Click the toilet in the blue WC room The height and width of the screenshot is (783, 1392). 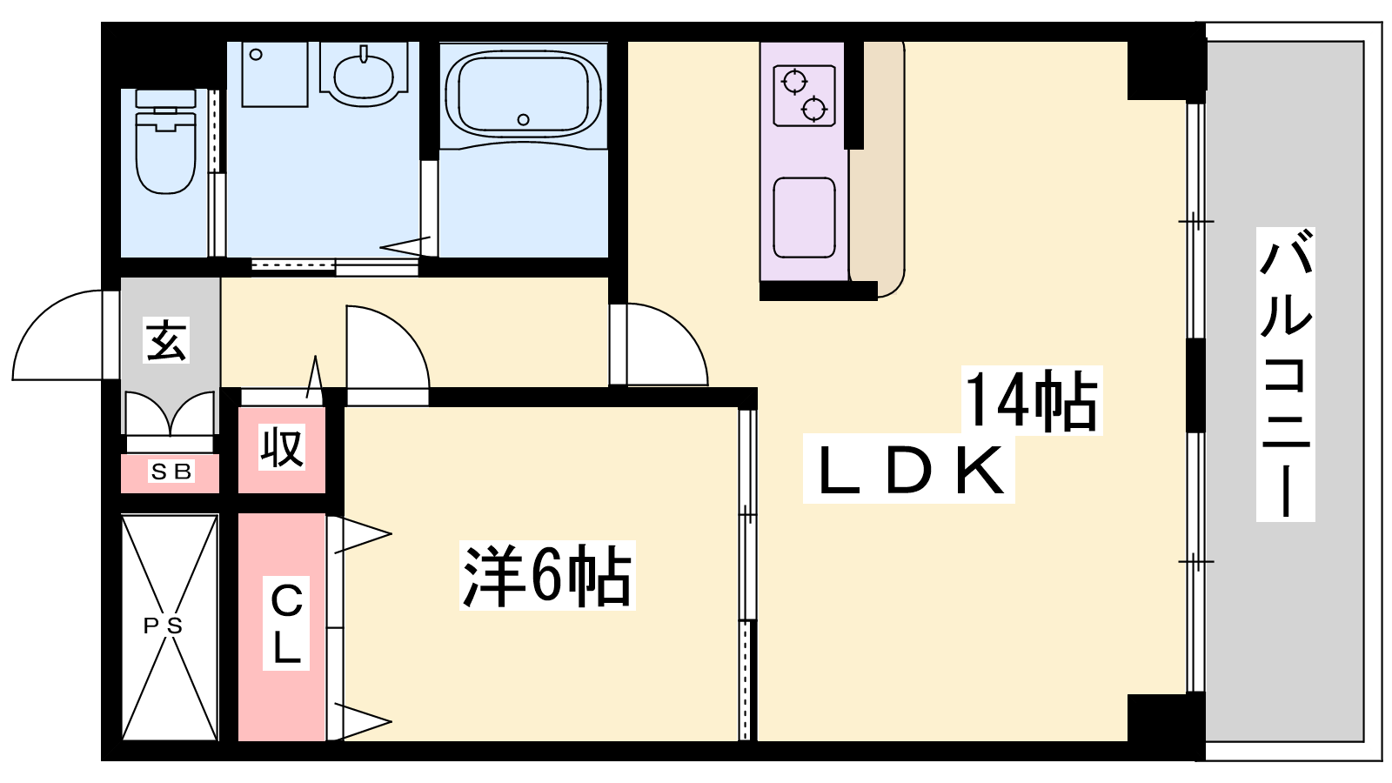coord(165,142)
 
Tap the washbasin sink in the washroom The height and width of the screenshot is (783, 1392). coord(364,76)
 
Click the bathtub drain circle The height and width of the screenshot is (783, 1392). coord(523,119)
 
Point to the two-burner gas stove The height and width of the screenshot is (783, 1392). coord(804,96)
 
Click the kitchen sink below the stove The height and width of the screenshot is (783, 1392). coord(804,217)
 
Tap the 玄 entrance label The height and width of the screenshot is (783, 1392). coord(166,340)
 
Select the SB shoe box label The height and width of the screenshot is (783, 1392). coord(171,472)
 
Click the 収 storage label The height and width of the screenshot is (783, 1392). coord(282,447)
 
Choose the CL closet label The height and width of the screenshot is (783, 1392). coord(286,623)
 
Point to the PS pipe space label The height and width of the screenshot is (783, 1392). coord(163,626)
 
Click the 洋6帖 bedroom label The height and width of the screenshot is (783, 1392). coord(547,575)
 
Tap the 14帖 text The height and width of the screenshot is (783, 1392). coord(1032,399)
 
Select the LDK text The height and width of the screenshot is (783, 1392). coord(908,470)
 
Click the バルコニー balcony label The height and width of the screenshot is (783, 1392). coord(1285,374)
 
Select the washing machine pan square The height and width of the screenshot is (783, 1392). coord(275,75)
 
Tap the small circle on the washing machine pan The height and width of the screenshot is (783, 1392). coord(256,55)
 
